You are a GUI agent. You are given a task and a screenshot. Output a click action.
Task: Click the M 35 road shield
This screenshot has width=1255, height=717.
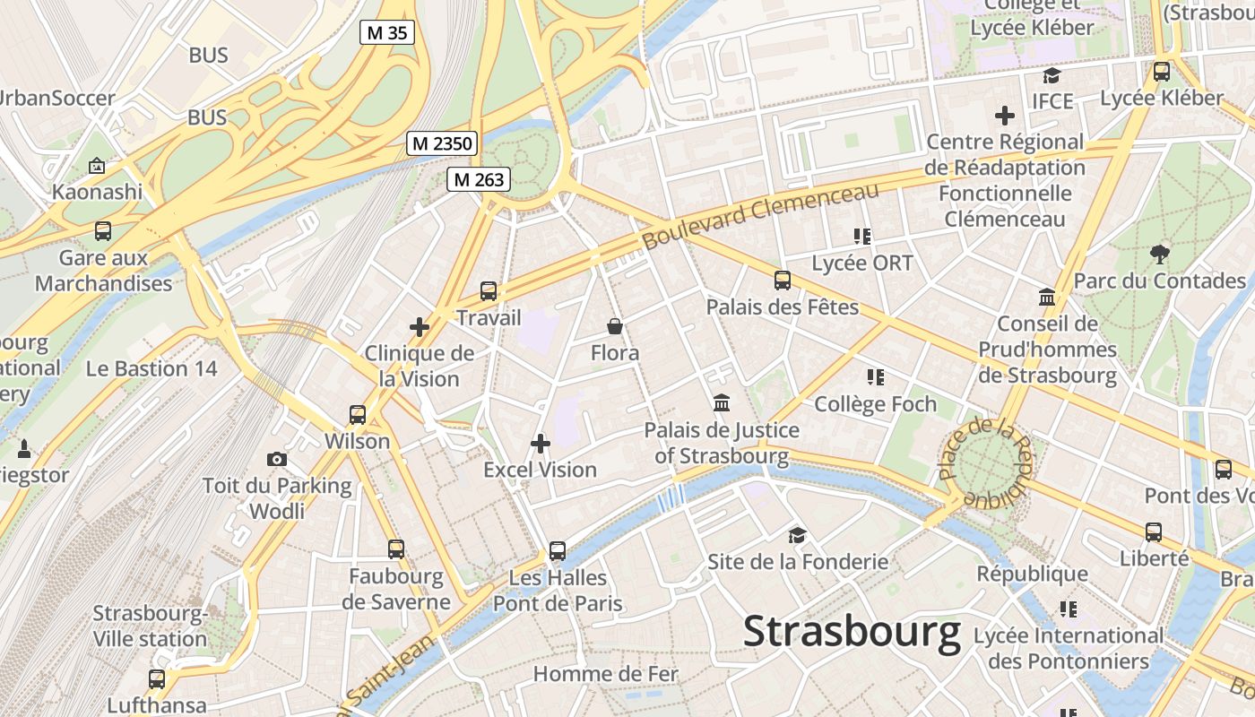click(387, 33)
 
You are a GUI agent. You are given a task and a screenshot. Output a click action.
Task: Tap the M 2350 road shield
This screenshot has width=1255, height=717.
click(442, 143)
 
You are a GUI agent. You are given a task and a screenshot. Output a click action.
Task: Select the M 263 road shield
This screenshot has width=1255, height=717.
click(479, 179)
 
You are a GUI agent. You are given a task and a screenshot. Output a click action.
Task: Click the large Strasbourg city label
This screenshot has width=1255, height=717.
click(852, 633)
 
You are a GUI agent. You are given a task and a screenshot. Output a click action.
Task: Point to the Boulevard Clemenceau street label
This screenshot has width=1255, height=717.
click(761, 216)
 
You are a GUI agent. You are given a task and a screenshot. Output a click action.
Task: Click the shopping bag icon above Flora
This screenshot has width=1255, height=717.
click(615, 325)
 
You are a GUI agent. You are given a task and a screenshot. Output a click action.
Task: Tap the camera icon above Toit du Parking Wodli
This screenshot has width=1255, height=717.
click(277, 460)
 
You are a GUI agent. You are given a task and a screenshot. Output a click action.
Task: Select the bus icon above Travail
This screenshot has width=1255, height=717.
click(489, 291)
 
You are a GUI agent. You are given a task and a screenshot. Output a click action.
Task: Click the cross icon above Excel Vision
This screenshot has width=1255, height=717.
click(541, 444)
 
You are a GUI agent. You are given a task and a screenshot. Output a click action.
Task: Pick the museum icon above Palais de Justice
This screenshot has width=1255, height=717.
click(722, 403)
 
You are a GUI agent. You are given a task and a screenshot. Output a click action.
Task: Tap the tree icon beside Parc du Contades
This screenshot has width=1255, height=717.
click(1160, 255)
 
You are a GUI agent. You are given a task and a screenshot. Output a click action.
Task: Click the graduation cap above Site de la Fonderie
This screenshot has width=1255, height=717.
click(797, 536)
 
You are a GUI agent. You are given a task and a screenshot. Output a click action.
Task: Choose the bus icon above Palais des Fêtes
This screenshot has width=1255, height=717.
click(783, 281)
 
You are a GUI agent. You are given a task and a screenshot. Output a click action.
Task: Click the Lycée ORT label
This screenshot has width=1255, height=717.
click(861, 263)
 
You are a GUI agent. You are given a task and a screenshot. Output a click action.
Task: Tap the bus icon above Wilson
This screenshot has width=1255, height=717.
click(358, 415)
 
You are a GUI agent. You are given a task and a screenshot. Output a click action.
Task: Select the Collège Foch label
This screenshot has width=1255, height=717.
click(875, 404)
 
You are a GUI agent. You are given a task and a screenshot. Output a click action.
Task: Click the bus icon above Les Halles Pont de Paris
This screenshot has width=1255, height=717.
click(558, 551)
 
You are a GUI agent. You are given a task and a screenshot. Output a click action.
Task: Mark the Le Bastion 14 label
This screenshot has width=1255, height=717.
click(151, 368)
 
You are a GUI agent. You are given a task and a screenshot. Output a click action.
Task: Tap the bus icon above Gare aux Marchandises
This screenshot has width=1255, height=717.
click(103, 231)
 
